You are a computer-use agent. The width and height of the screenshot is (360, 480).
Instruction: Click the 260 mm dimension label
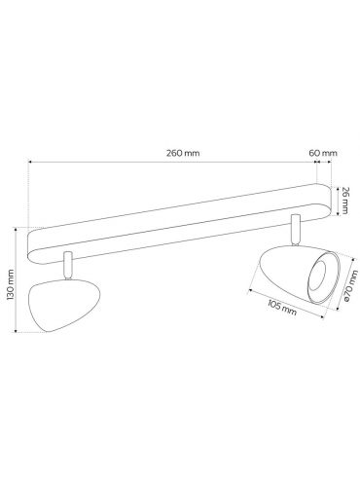(183, 153)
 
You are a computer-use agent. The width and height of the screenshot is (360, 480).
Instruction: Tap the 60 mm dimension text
(323, 153)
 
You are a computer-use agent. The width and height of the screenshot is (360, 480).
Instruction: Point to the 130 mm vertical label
(10, 284)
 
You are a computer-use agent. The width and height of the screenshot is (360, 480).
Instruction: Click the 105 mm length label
(282, 307)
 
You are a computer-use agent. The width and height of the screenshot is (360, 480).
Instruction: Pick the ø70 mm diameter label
(351, 286)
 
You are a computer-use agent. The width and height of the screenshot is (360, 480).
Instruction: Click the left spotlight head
(64, 305)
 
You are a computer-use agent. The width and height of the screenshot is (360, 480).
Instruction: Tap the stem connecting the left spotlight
(68, 265)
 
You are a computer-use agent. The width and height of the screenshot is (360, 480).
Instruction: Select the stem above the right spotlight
(296, 229)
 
